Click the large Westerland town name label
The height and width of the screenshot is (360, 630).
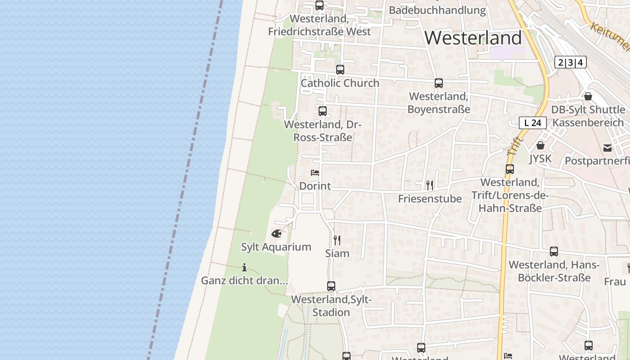pos(473,38)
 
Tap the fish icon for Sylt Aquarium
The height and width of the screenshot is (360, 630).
pos(276,234)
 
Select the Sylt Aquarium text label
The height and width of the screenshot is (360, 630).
pos(276,247)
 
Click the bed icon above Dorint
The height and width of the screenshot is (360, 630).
pos(315,173)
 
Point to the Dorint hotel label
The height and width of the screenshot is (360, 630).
pos(315,186)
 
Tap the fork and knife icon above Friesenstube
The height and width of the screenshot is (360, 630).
pos(430,185)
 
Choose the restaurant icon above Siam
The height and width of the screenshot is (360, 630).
pos(337,240)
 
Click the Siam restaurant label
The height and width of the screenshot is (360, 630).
pos(337,253)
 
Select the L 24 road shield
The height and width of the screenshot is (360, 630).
pos(532,122)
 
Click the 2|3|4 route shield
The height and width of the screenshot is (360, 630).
pos(570,62)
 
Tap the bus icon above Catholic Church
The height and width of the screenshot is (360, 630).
pos(340,70)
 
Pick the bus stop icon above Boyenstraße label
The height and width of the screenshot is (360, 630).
pos(439,83)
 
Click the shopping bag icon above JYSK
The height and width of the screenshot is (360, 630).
pos(540,145)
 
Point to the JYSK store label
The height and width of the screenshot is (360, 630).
pos(540,158)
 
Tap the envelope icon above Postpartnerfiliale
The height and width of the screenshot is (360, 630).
pos(607,148)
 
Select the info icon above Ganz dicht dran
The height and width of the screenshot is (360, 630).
pos(244,267)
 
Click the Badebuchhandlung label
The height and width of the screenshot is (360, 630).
pos(437,10)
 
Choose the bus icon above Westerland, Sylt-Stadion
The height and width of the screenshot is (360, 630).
pos(331,286)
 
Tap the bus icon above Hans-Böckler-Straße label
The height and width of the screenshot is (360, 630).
pos(554,252)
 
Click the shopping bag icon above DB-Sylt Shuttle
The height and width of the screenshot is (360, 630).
pos(588,96)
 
